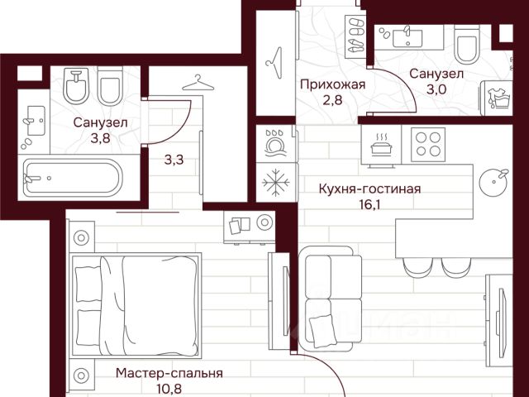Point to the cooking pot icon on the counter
(380, 146)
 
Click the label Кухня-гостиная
(369, 189)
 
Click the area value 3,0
(436, 89)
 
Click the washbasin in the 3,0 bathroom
(407, 37)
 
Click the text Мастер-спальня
(169, 374)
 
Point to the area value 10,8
(169, 390)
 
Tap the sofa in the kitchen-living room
(331, 298)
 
